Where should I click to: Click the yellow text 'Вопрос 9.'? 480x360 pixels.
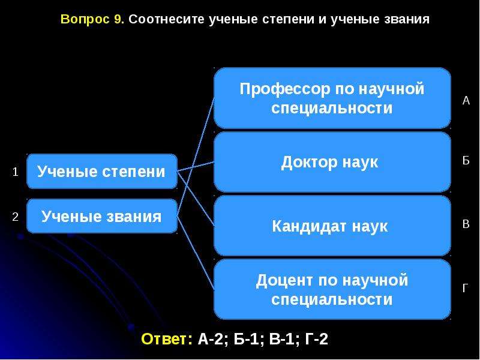tap(92, 19)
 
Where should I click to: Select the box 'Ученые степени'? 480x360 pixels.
tap(102, 172)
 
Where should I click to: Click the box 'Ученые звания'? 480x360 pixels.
tap(102, 216)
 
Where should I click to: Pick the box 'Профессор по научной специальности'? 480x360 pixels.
tap(332, 98)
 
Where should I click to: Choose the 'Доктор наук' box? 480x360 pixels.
tap(332, 162)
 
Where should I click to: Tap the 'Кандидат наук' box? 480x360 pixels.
tap(332, 226)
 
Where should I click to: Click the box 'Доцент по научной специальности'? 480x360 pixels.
tap(332, 289)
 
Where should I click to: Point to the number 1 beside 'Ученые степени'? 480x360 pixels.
tap(16, 172)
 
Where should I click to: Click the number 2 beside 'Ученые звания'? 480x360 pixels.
tap(16, 217)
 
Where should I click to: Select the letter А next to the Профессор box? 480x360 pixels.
tap(466, 100)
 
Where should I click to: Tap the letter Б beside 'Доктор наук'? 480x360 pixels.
tap(466, 160)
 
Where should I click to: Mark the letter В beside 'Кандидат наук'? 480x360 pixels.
tap(466, 224)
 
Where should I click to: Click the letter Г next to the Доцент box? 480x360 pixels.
tap(466, 288)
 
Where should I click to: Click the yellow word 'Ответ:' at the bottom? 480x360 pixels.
tap(167, 339)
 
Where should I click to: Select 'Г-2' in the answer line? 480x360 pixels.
tap(317, 339)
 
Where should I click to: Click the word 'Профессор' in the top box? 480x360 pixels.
tap(285, 89)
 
